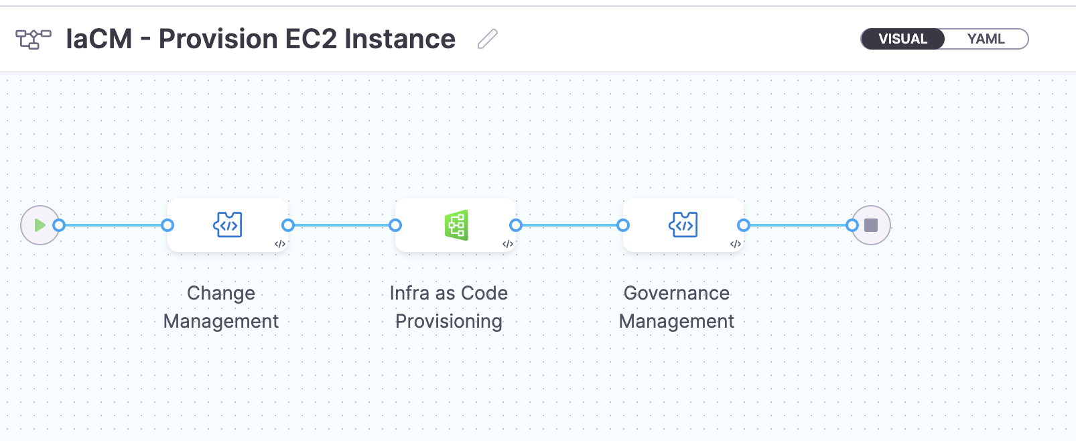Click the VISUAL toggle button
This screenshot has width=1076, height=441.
pos(902,39)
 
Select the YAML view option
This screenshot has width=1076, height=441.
pos(986,39)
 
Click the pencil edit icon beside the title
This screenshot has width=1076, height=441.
pos(488,39)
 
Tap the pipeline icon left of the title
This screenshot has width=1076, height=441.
pos(33,39)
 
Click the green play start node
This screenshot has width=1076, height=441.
pos(40,225)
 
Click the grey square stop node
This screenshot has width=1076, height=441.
pos(871,225)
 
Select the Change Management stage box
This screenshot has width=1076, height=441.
pos(228,225)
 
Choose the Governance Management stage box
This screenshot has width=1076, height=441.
pos(683,225)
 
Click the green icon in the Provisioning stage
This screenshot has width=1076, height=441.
pos(456,225)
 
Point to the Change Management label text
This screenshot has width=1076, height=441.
pos(221,307)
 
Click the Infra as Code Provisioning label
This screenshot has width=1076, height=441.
pos(449,307)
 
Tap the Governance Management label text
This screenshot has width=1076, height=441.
pos(677,307)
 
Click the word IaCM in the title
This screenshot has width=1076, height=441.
pos(99,39)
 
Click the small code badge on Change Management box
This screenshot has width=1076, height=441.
pos(280,244)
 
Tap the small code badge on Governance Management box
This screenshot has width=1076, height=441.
pos(736,244)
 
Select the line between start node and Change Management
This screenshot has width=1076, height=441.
pos(114,225)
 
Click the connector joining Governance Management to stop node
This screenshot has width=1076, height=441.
pos(797,225)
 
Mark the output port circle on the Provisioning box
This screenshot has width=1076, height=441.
pos(516,225)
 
